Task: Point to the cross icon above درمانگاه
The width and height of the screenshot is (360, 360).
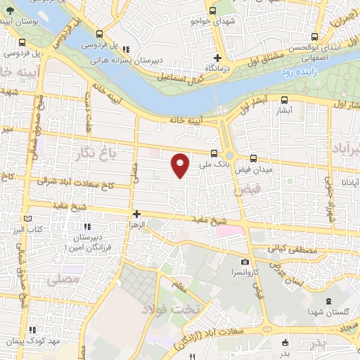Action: click(218, 58)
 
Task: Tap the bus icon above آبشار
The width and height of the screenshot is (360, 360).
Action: click(284, 100)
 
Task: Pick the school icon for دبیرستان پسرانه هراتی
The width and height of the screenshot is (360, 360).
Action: click(127, 49)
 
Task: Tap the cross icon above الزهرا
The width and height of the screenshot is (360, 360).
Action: click(136, 214)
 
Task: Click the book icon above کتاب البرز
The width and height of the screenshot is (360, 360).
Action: click(30, 218)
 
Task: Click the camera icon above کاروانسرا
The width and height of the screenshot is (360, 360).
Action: click(245, 262)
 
